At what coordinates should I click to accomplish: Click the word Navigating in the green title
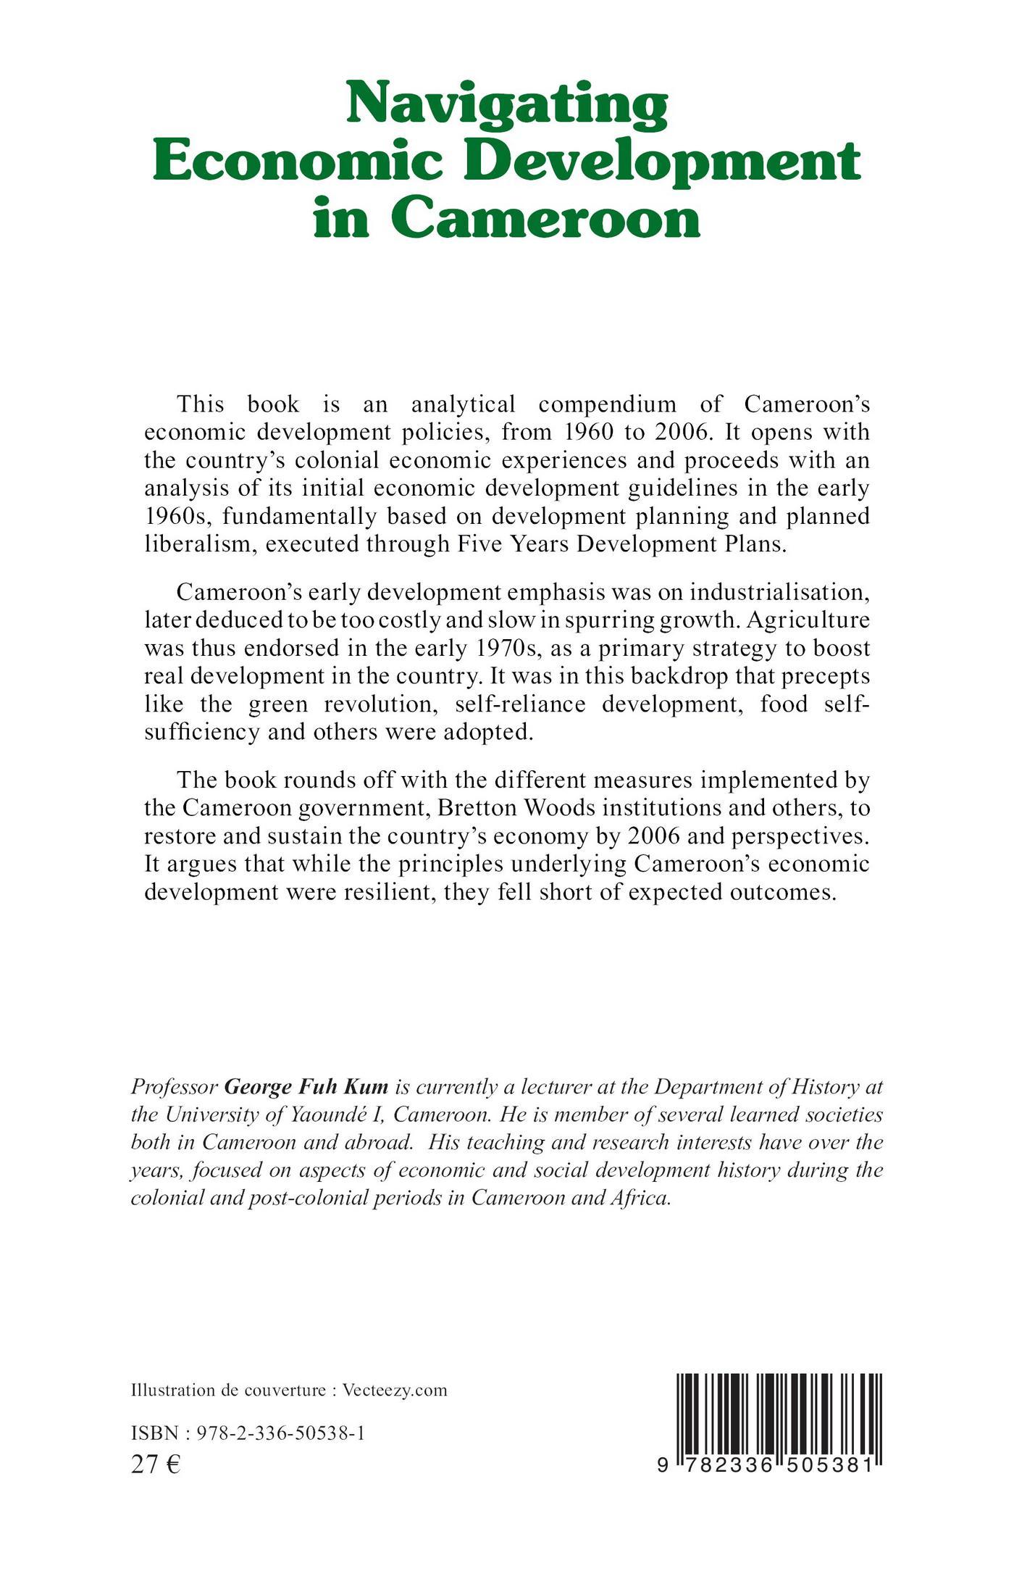coord(506,104)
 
